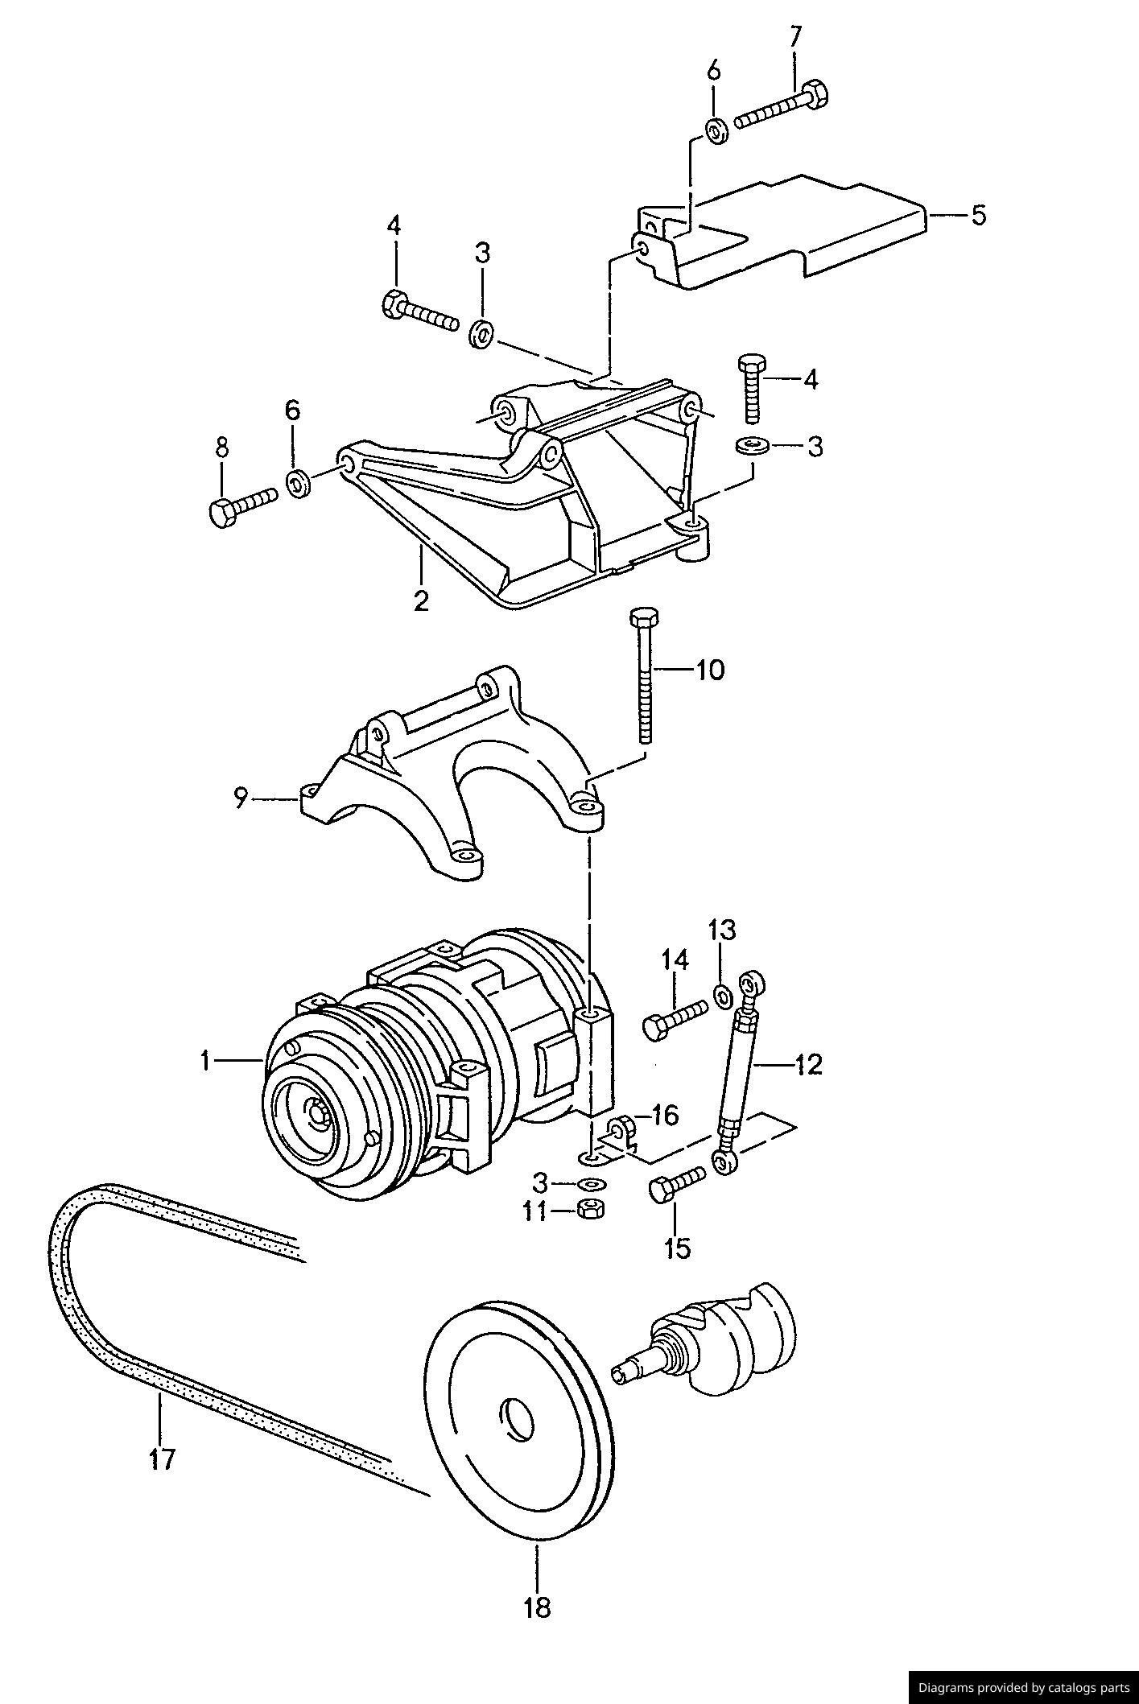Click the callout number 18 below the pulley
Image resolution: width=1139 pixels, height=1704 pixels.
click(x=537, y=1607)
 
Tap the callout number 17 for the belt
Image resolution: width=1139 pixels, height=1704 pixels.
click(x=162, y=1458)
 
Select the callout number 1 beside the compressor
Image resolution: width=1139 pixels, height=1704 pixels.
click(x=206, y=1062)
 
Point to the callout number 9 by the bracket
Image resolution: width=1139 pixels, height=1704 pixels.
click(x=239, y=799)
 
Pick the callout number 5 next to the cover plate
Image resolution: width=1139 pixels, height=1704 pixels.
click(x=978, y=215)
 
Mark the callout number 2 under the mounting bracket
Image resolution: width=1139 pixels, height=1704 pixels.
click(x=421, y=600)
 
